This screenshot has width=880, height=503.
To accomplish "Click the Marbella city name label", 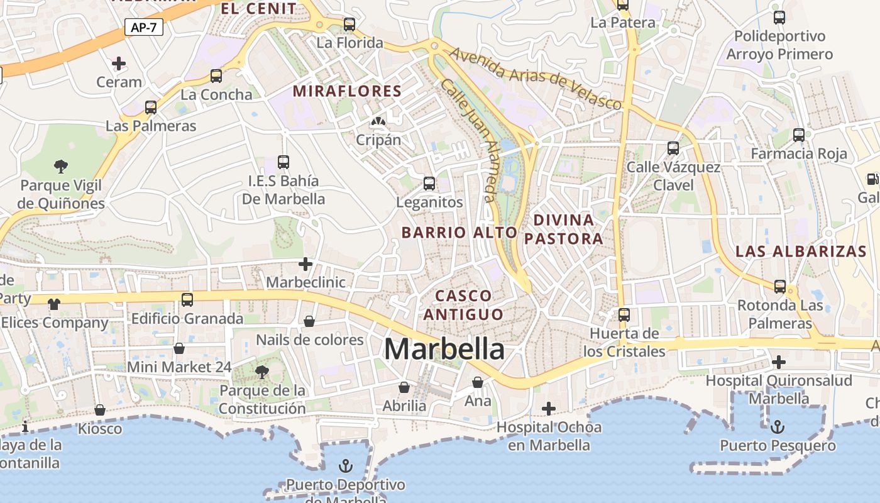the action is [x=444, y=349].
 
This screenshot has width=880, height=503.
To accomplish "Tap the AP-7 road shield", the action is [x=144, y=28].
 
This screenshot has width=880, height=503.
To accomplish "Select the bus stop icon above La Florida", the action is [x=349, y=25].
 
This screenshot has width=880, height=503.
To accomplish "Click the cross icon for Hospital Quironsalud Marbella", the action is [x=779, y=362].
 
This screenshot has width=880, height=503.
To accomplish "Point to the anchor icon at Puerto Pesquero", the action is [x=778, y=427].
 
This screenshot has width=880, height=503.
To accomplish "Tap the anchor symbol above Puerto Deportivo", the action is [x=345, y=466].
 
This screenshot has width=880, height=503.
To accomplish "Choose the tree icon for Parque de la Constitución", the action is [x=262, y=372].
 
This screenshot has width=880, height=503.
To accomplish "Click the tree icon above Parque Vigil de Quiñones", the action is [x=61, y=166].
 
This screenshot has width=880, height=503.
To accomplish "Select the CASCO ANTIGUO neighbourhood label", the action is [x=463, y=305].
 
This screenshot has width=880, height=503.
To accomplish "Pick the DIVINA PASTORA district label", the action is [x=564, y=229].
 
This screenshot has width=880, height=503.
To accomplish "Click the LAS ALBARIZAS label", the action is [x=801, y=251].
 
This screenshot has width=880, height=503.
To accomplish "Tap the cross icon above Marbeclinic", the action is [x=305, y=264].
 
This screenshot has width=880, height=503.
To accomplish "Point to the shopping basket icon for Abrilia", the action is [x=404, y=387].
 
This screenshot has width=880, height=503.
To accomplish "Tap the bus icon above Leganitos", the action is [x=429, y=184].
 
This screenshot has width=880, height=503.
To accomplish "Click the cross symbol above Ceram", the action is [x=119, y=63].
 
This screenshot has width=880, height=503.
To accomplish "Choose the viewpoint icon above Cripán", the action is [x=378, y=121].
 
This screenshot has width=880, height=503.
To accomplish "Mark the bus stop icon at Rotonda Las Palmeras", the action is [x=780, y=286].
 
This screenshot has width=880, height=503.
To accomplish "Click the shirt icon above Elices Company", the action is [x=54, y=304].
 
